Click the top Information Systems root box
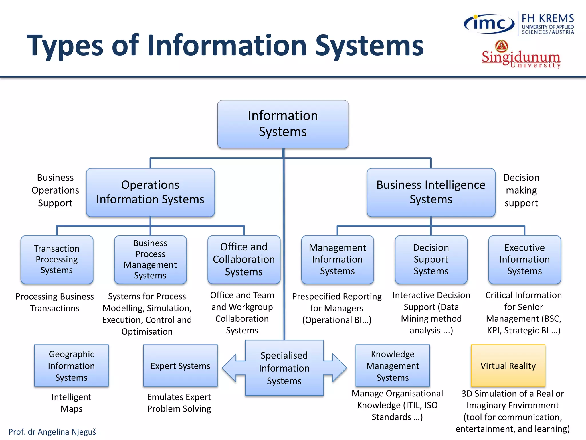tap(283, 124)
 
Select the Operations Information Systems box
tap(150, 192)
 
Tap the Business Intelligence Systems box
tap(431, 192)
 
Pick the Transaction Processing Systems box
tap(57, 260)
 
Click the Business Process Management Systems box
tap(150, 260)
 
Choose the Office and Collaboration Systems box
tap(244, 260)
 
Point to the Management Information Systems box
tap(337, 260)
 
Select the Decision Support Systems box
tap(431, 260)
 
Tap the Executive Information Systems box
tap(524, 260)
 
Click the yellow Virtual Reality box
tap(508, 366)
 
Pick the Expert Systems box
tap(180, 366)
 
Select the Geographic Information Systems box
tap(71, 366)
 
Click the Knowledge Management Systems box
tap(393, 366)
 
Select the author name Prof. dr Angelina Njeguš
tap(52, 432)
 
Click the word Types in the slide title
tap(65, 46)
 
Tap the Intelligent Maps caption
tap(71, 403)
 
